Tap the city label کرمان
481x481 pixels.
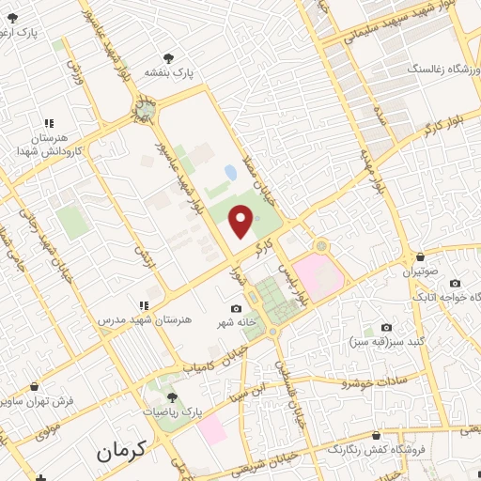pyautogui.click(x=123, y=451)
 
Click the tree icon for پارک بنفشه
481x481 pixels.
pyautogui.click(x=168, y=57)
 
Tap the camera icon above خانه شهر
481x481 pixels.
pyautogui.click(x=237, y=309)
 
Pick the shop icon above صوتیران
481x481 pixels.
pyautogui.click(x=420, y=257)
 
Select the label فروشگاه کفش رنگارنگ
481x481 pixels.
pyautogui.click(x=377, y=451)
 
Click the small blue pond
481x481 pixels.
pyautogui.click(x=230, y=174)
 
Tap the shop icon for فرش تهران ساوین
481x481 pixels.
pyautogui.click(x=34, y=386)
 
